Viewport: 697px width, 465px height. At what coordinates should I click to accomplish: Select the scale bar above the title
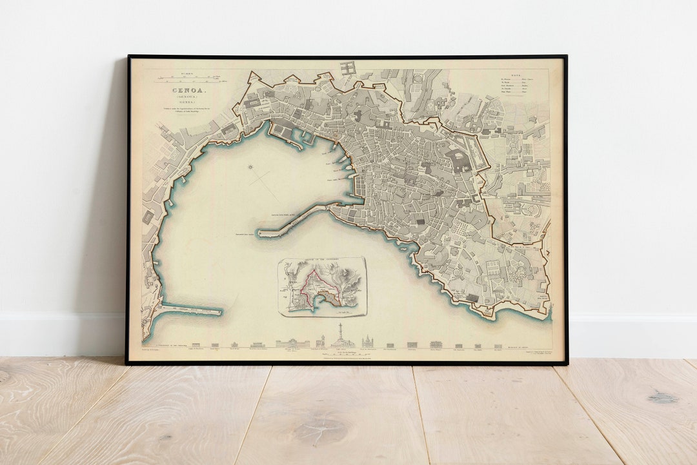[190, 81]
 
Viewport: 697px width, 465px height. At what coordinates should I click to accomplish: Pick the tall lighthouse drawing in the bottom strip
[339, 339]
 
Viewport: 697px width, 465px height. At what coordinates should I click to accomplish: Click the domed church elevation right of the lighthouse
[367, 341]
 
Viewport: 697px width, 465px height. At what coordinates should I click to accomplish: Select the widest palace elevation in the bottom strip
[292, 343]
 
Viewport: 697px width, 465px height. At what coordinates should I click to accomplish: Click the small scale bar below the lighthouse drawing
[339, 353]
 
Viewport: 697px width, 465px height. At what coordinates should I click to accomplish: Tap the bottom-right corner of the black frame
[566, 364]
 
